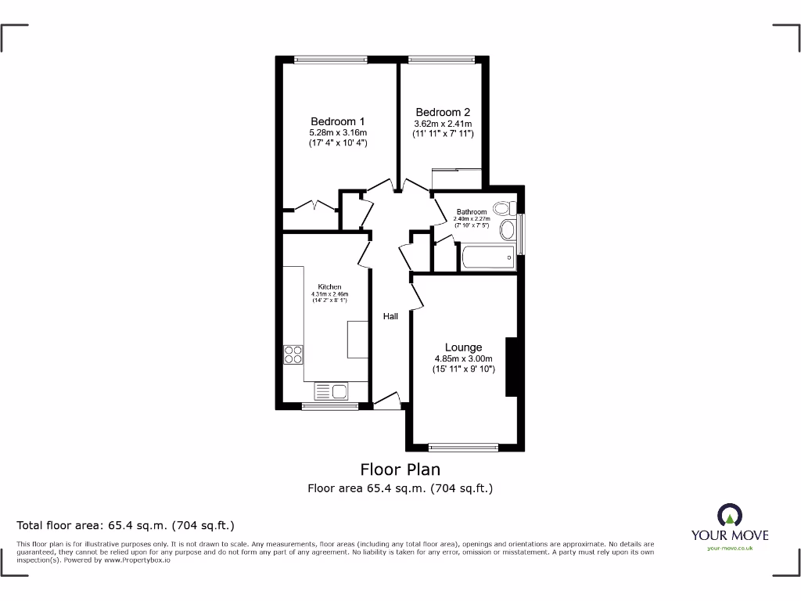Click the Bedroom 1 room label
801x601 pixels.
[x=337, y=121]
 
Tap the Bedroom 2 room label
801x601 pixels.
[x=442, y=112]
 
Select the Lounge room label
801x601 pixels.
[x=463, y=347]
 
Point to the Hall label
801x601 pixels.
[x=390, y=316]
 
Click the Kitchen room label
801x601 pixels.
[x=329, y=287]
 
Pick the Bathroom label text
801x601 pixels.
[x=472, y=212]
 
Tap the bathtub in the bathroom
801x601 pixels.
[x=488, y=257]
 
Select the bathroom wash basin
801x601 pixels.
[x=508, y=230]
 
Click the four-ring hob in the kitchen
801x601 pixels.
[x=293, y=354]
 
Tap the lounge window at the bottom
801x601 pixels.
[x=464, y=448]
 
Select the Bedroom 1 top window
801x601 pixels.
[x=330, y=59]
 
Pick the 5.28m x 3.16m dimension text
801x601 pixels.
[x=337, y=133]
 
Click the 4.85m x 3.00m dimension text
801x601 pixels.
[x=465, y=359]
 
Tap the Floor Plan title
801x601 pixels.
[x=400, y=470]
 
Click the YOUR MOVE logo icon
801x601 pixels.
[x=729, y=516]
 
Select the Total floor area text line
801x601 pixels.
[x=126, y=525]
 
